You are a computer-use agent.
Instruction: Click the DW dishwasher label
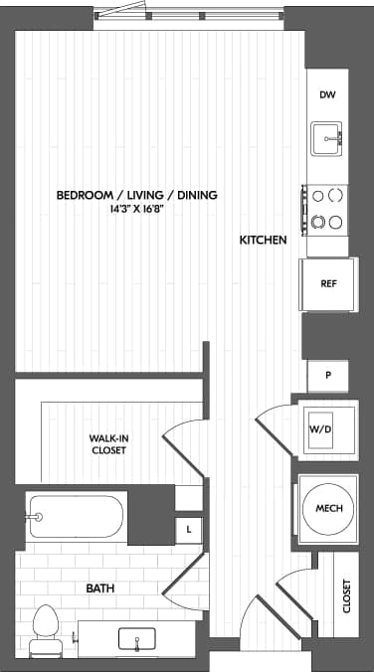click(327, 95)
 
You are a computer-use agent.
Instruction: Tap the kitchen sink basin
click(327, 138)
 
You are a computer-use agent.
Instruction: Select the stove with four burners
click(327, 207)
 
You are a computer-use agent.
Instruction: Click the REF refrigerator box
click(327, 283)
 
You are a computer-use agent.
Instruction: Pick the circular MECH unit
click(328, 509)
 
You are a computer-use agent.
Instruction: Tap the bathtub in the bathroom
click(76, 516)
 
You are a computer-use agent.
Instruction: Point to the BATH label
click(99, 588)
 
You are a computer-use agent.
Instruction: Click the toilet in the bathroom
click(46, 628)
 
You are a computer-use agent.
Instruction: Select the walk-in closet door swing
click(184, 437)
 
